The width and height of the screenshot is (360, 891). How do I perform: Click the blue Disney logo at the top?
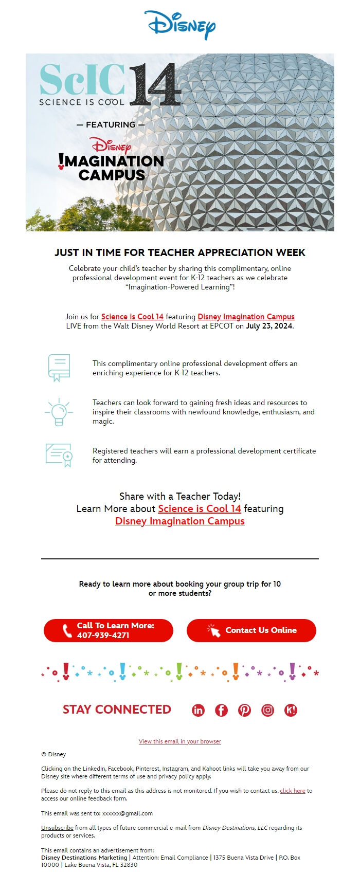pos(179,25)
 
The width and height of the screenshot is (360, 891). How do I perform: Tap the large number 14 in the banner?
pos(154,85)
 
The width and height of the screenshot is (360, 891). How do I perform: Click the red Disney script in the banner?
pos(110,145)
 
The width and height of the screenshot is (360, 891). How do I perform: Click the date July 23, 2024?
pos(269,326)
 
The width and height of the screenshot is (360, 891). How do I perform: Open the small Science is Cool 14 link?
pos(132,317)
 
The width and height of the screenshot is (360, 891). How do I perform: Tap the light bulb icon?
pos(59,412)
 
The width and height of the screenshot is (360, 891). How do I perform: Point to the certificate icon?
pos(59,455)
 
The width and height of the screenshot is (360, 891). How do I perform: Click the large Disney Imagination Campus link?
pos(180,521)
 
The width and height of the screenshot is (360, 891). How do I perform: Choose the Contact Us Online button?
pos(251,630)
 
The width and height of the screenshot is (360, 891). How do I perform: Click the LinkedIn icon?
pos(198,710)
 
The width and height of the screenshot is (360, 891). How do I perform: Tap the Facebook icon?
pos(221,710)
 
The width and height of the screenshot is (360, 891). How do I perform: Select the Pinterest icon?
pos(244,710)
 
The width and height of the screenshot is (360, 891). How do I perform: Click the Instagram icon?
pos(267,710)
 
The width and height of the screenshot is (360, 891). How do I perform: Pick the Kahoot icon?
pos(291,710)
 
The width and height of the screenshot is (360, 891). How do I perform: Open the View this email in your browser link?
pos(180,741)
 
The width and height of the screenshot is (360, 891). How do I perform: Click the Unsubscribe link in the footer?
pos(57,828)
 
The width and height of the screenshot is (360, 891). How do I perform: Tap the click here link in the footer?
pos(293,791)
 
